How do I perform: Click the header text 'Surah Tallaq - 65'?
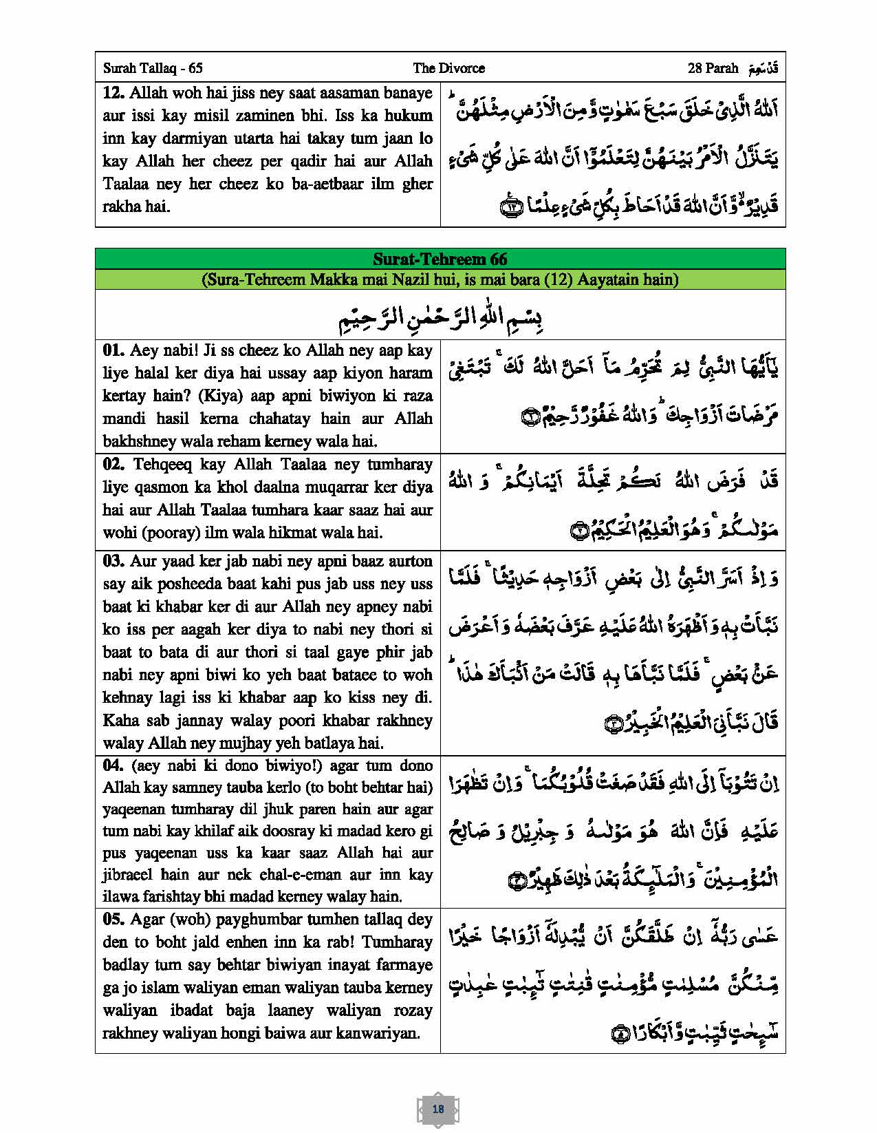(152, 68)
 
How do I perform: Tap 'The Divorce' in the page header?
(448, 68)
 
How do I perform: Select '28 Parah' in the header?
(713, 68)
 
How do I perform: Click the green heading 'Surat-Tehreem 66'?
(440, 259)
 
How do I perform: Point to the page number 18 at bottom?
(438, 1108)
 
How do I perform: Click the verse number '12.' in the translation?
(113, 93)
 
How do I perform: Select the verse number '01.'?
(113, 350)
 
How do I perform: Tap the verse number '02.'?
(113, 464)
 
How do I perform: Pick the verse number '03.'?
(113, 561)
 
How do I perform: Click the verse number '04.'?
(113, 765)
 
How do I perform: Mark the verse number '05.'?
(113, 920)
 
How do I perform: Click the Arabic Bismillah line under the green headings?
(440, 318)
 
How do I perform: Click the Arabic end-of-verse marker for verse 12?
(512, 205)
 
